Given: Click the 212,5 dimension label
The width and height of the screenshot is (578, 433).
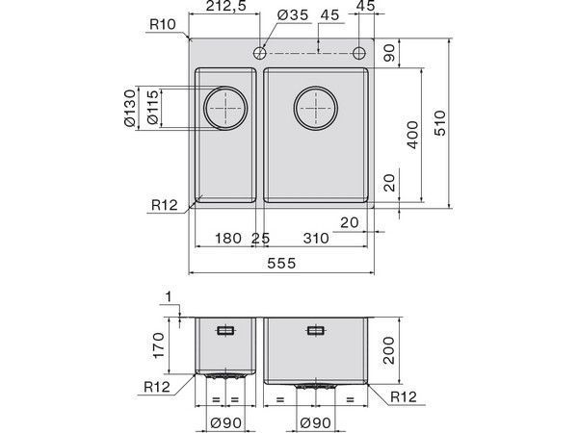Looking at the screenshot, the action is [x=225, y=7].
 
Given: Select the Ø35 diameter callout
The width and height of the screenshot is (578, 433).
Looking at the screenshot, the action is [x=292, y=15].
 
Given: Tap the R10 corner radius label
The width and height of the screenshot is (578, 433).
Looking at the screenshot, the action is [x=163, y=24].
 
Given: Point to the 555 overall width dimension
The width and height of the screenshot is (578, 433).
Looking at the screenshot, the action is [x=281, y=263].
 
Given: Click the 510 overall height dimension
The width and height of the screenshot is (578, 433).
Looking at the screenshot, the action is [x=440, y=123].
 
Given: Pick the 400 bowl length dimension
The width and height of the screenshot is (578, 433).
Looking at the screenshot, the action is [x=413, y=135].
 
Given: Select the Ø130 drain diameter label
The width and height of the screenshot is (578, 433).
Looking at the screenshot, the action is [x=130, y=108].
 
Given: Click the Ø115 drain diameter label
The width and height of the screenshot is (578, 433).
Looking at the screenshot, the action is [x=152, y=107].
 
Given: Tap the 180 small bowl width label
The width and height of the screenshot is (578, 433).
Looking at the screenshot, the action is [x=228, y=238].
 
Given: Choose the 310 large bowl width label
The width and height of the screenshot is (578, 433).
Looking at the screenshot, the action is [x=316, y=238].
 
